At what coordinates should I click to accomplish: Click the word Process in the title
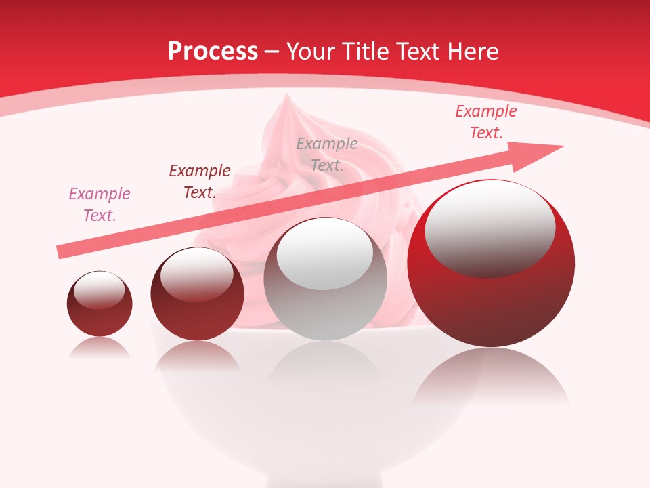pos(213,51)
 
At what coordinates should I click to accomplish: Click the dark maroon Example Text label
pos(200,182)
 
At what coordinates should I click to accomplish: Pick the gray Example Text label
pos(327,155)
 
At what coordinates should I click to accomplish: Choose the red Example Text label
pos(486,122)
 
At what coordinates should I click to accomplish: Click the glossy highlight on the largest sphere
pos(490,228)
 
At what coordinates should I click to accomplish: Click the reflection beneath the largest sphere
pos(491,376)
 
